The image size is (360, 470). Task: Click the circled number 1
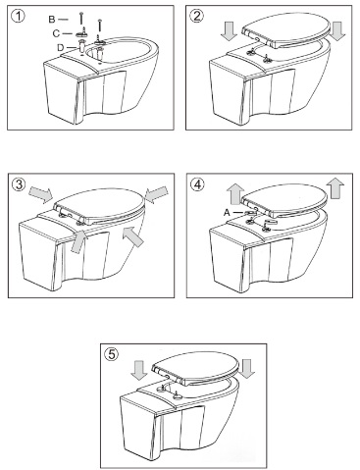coord(18,17)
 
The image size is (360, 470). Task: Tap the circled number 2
coord(196,16)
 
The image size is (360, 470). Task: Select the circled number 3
coord(18,184)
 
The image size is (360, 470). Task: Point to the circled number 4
coord(196,184)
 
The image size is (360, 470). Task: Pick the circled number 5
coord(111,354)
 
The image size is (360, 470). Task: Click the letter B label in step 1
coord(52,20)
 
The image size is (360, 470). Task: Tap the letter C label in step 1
coord(56,33)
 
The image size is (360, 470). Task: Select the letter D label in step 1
coord(61,48)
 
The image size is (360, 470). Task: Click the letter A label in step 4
coord(227,213)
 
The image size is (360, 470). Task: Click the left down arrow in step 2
coord(229,32)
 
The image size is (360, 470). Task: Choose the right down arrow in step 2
coord(337,31)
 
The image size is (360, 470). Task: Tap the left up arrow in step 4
coord(235,193)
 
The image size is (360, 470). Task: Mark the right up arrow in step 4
coord(335,188)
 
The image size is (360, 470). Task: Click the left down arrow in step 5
coord(140,371)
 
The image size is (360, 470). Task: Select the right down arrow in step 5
coord(246,369)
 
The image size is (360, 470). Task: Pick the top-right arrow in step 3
coord(155,194)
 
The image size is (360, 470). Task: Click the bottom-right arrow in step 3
coord(133,237)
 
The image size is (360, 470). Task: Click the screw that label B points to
coord(80,18)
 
